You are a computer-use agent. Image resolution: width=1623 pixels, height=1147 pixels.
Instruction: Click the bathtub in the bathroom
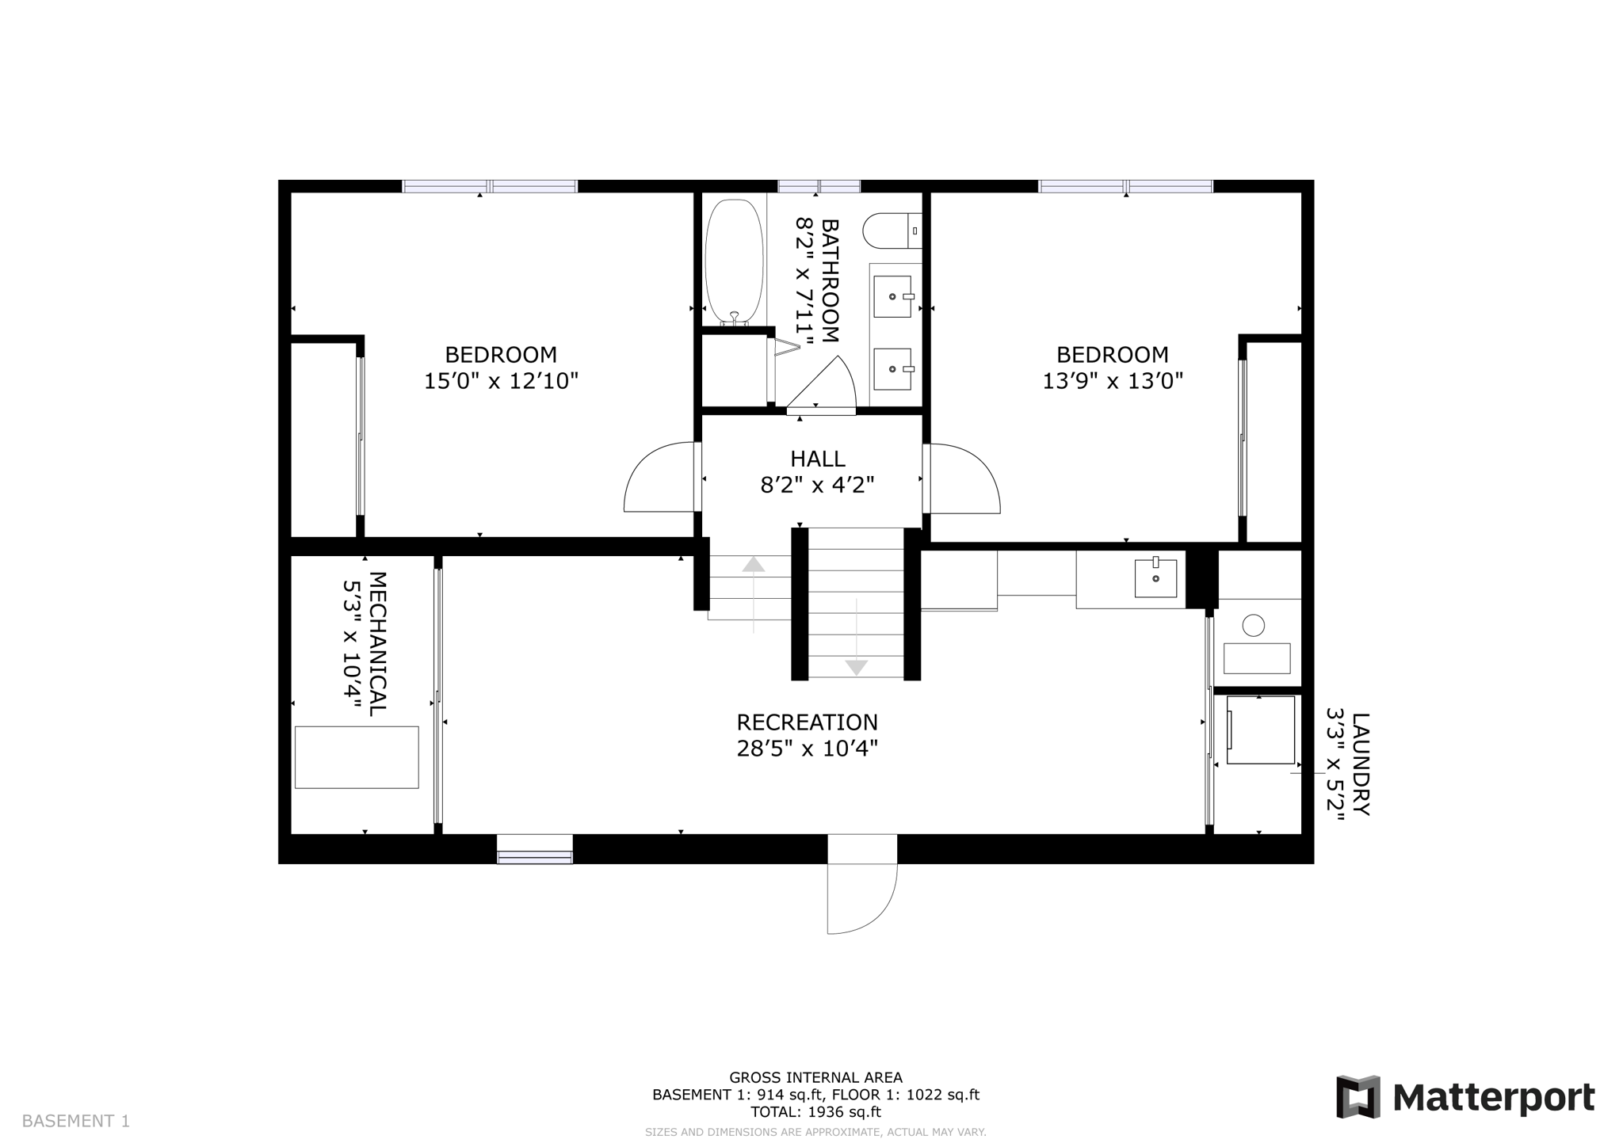click(734, 261)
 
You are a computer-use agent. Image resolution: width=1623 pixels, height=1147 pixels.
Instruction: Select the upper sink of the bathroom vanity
click(892, 297)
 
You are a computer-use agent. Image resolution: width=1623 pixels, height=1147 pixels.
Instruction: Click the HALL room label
click(817, 459)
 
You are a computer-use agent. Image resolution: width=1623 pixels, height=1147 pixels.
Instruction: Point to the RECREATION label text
click(807, 722)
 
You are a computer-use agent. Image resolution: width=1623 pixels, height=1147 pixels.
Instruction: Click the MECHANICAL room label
click(378, 643)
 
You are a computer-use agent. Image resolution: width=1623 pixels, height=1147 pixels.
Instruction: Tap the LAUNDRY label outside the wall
click(1360, 764)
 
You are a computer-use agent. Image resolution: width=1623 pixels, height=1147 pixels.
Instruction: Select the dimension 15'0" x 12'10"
click(501, 381)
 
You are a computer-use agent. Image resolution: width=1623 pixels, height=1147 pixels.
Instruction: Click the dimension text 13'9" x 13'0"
click(1112, 381)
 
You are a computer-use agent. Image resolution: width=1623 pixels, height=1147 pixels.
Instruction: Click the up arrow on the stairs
click(753, 565)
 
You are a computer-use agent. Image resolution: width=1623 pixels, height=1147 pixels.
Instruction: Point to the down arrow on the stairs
click(856, 667)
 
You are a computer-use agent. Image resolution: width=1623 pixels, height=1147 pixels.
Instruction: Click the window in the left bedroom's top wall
click(490, 186)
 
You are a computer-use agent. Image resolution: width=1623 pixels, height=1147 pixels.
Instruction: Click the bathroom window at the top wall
click(819, 186)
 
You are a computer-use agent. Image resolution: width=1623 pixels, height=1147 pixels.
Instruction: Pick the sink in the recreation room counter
click(1155, 578)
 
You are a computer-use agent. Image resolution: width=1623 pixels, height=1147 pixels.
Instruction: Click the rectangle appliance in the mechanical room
click(357, 757)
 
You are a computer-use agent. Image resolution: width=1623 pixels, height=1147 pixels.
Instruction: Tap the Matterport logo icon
click(1358, 1097)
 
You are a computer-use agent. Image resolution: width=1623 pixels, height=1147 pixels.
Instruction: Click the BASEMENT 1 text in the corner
click(76, 1121)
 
